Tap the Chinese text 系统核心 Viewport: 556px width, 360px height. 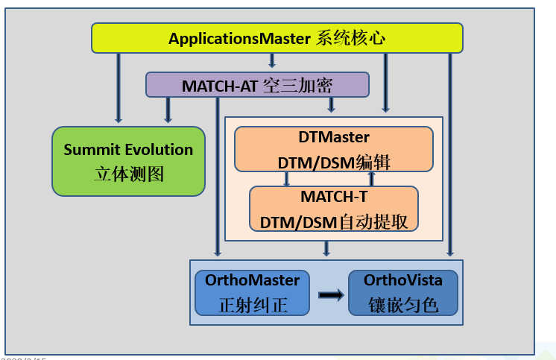pos(350,38)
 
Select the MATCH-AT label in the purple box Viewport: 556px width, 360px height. pos(220,85)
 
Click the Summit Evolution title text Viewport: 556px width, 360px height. pos(128,149)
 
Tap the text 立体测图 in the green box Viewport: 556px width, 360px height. pos(128,174)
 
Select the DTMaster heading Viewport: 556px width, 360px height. pos(334,137)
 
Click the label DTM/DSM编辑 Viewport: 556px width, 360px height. pos(334,162)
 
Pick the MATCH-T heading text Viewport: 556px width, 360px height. pos(334,197)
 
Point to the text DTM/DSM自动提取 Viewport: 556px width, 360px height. pos(334,221)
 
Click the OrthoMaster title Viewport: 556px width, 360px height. pos(252,281)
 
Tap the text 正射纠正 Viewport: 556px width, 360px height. pos(252,305)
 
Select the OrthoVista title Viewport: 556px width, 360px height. pos(402,281)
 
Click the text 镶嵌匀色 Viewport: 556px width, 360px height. pos(402,305)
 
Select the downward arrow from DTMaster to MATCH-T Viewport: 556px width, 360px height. pos(286,179)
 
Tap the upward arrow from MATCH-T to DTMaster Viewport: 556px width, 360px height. pos(372,179)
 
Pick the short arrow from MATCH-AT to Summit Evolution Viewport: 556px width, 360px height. pos(168,110)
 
